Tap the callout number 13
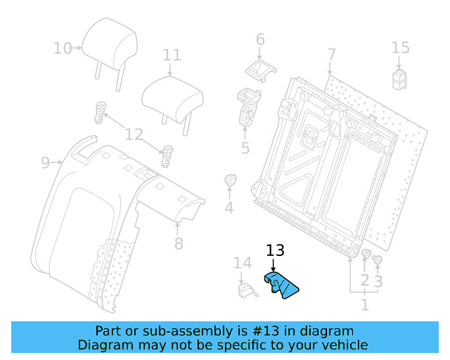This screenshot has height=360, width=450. click(276, 251)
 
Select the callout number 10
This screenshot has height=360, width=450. click(63, 48)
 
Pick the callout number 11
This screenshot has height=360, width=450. click(172, 55)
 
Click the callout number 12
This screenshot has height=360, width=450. click(134, 134)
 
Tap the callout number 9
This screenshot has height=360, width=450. click(45, 163)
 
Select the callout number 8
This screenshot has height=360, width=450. click(179, 243)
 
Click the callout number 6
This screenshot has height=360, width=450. click(260, 39)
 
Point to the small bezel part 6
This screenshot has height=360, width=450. click(261, 68)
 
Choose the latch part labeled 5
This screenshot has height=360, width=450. click(248, 105)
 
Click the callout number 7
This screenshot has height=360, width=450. click(331, 54)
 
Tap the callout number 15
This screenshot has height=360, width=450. click(400, 48)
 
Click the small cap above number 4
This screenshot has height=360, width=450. click(230, 181)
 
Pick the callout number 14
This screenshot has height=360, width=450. click(242, 263)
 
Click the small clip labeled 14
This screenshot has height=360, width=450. click(245, 290)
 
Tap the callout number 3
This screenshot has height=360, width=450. click(378, 282)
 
